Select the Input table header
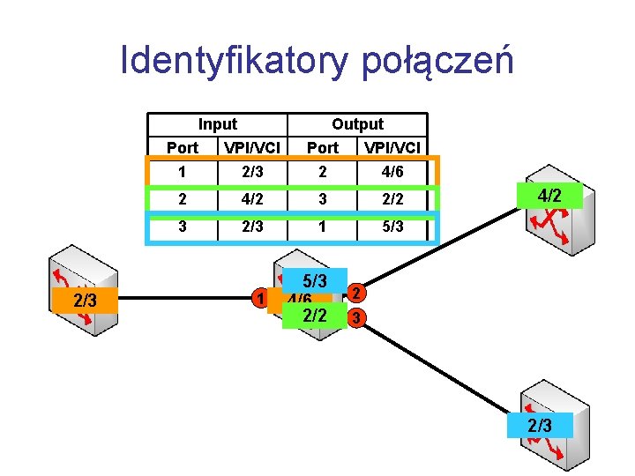click(217, 124)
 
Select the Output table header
click(357, 124)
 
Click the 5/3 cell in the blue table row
click(392, 227)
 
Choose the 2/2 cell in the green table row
click(392, 199)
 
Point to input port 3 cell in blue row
click(182, 227)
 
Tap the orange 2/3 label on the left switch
click(84, 301)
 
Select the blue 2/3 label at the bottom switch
click(540, 426)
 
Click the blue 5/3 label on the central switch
click(315, 281)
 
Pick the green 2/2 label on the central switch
click(314, 316)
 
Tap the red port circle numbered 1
click(258, 299)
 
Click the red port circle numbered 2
click(355, 292)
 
